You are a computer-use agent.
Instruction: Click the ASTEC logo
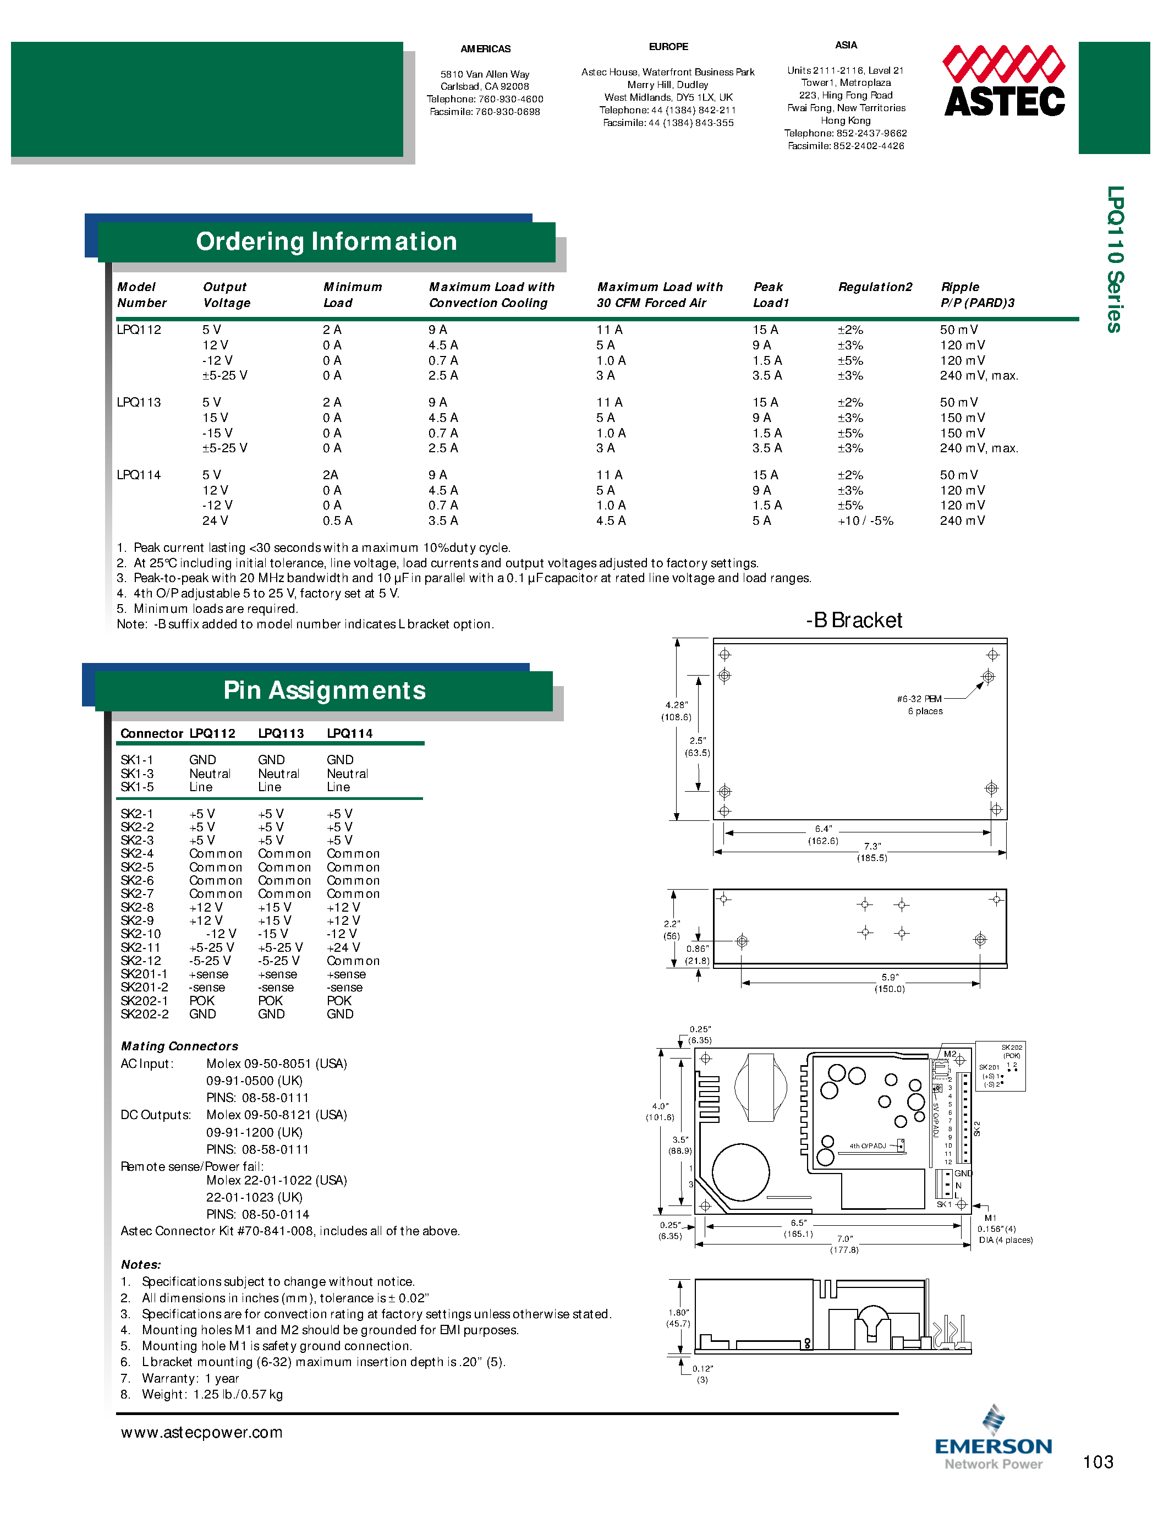point(1003,82)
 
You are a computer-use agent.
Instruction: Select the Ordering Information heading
point(326,241)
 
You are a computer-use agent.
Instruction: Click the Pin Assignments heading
point(324,690)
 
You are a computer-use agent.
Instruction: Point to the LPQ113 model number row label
point(139,403)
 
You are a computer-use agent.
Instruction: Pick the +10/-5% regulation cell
point(865,521)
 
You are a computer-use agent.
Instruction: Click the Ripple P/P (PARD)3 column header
point(976,294)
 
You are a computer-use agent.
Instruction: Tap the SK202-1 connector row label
point(144,1000)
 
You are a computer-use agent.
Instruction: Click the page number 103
point(1097,1462)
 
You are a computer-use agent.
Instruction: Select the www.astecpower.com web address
point(201,1432)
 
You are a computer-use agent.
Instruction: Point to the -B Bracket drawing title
point(854,620)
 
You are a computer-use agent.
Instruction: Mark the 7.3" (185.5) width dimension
point(872,852)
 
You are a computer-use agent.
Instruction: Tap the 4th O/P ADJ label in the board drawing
point(868,1146)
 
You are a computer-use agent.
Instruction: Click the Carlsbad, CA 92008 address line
point(485,86)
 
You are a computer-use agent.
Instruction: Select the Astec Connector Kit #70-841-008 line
point(289,1231)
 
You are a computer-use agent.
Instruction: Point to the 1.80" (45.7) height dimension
point(678,1318)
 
